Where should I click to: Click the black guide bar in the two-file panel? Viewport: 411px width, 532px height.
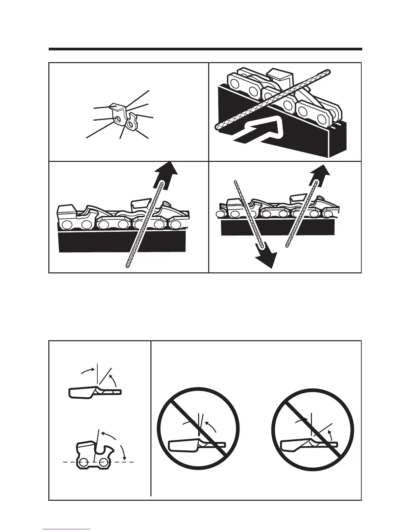(x=278, y=228)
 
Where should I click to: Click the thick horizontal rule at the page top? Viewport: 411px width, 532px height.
(x=205, y=49)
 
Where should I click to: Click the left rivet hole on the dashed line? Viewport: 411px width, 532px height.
(x=84, y=462)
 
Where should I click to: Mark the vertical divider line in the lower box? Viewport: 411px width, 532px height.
(x=151, y=418)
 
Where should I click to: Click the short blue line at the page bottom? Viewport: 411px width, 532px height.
(x=66, y=529)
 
